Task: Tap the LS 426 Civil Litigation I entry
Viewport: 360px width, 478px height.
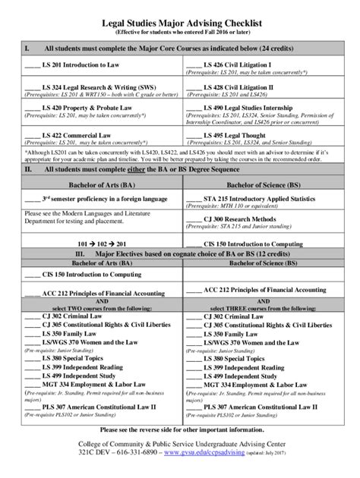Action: click(x=238, y=66)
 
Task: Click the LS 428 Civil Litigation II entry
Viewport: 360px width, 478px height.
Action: click(x=241, y=88)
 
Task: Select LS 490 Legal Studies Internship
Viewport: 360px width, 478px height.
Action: click(x=248, y=109)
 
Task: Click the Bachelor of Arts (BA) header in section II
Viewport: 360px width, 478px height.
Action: click(x=94, y=186)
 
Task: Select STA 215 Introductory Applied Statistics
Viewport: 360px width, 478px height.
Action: click(x=260, y=200)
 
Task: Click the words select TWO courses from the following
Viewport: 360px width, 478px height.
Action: click(x=94, y=307)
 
